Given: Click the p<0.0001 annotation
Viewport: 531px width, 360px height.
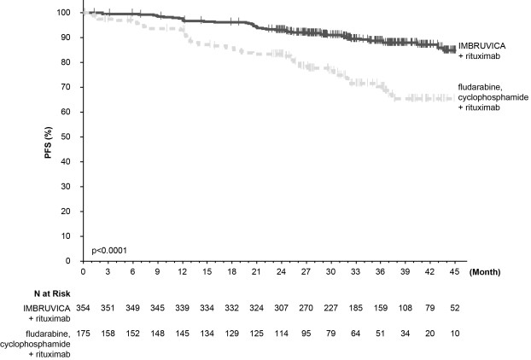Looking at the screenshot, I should (108, 250).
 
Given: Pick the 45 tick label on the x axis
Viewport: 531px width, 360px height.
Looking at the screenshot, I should (452, 271).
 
